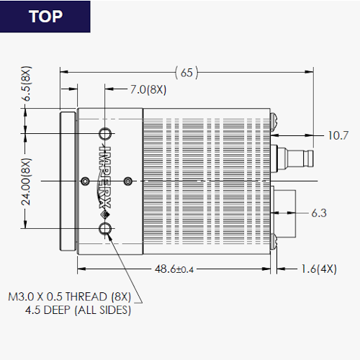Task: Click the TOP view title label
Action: [45, 17]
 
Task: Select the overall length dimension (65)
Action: [186, 72]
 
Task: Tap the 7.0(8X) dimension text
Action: [148, 89]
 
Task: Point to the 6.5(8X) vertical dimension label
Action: [27, 84]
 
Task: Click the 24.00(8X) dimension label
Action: [27, 181]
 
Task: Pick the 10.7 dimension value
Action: [338, 135]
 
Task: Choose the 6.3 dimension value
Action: [319, 213]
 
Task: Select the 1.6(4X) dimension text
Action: [319, 269]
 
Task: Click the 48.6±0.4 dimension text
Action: [174, 269]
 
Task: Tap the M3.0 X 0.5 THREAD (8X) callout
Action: [70, 297]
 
